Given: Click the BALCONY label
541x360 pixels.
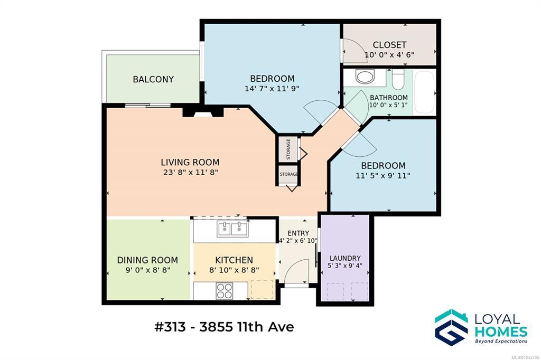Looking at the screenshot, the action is click(x=153, y=79).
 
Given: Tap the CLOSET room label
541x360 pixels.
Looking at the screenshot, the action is click(x=389, y=45).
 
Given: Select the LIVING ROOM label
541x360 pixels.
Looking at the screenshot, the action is click(x=190, y=162).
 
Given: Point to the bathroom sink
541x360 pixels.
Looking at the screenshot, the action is click(x=365, y=76).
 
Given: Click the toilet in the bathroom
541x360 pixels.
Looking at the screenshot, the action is click(x=398, y=78).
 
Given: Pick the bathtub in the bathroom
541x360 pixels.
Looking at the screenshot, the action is click(x=424, y=92).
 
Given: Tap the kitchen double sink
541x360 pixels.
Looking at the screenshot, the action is click(x=232, y=229).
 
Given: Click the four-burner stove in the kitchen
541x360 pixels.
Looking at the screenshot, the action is click(x=225, y=291).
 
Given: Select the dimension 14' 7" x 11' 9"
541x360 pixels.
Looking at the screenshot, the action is click(x=272, y=89).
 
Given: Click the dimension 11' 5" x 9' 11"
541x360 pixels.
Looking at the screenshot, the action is click(x=383, y=176).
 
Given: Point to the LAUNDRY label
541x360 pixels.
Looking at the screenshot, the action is click(x=345, y=258).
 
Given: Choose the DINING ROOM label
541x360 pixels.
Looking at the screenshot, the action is click(x=148, y=260).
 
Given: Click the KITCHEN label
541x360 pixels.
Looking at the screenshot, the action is click(x=234, y=260).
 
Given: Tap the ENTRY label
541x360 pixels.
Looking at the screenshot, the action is click(x=299, y=233).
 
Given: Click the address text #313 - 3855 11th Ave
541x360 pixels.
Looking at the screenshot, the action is click(x=224, y=327).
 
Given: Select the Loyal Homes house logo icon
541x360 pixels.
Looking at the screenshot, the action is click(x=451, y=327).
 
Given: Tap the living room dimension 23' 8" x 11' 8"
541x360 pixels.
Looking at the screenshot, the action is click(x=190, y=172).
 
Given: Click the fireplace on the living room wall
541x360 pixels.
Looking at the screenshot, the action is click(x=203, y=112).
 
